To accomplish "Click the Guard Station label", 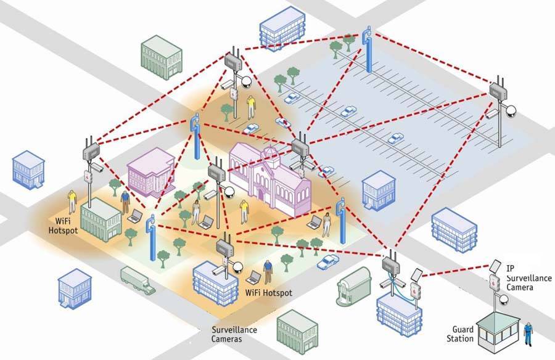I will [462, 333].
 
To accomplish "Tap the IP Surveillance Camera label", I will [528, 279].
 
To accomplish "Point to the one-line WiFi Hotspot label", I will [269, 292].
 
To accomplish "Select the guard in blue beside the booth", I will [528, 333].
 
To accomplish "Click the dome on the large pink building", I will [269, 153].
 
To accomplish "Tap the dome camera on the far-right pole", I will [511, 112].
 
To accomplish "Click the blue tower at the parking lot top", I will [368, 49].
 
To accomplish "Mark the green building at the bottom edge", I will [297, 330].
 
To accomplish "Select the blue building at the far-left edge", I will [29, 168].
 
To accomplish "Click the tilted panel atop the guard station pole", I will [495, 267].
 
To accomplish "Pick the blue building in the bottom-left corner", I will [74, 290].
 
